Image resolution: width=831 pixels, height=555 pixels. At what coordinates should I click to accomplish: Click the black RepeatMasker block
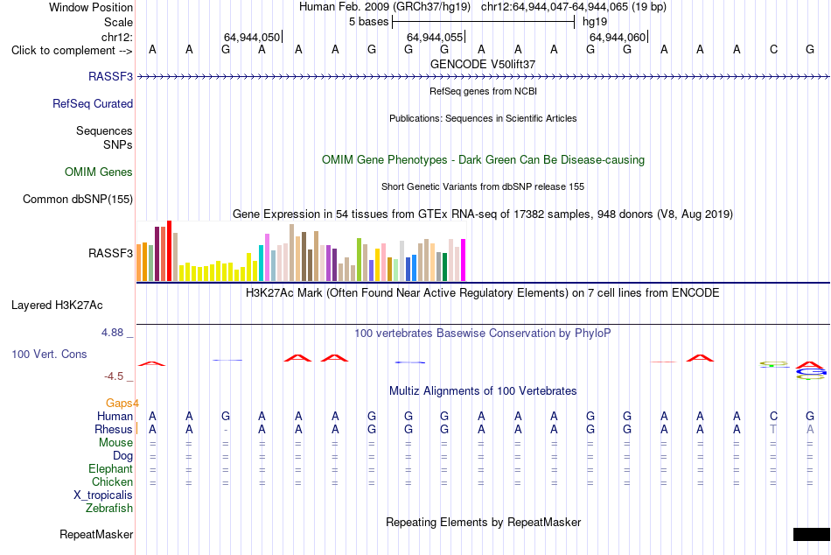812,534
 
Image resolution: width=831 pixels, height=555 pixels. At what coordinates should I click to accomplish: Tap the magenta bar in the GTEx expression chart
464,260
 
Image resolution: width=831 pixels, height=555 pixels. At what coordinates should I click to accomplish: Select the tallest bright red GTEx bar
170,250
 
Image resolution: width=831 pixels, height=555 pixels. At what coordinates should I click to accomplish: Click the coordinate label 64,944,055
435,37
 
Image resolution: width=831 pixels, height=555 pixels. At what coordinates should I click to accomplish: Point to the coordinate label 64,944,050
252,37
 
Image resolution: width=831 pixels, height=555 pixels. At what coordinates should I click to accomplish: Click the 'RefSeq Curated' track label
93,103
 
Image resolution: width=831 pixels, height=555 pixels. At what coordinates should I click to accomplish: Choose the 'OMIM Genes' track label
99,172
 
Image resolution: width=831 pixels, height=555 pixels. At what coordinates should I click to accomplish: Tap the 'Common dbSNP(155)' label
78,199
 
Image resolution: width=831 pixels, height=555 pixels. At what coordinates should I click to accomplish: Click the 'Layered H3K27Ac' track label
57,306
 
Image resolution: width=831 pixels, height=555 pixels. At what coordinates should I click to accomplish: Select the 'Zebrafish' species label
109,508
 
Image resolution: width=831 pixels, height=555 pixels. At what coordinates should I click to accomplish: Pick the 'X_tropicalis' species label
103,495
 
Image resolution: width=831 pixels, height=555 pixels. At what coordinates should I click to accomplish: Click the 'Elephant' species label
111,468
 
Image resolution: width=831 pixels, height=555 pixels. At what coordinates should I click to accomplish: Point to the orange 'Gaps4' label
122,404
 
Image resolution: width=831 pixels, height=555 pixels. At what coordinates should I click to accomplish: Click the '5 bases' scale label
369,22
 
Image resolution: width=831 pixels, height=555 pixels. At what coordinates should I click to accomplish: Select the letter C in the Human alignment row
774,416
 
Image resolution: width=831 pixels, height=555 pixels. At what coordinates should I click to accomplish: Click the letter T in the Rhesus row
773,429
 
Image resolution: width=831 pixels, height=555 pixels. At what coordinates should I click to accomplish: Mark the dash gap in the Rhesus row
226,430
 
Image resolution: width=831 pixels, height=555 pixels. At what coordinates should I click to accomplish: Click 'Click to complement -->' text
72,51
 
